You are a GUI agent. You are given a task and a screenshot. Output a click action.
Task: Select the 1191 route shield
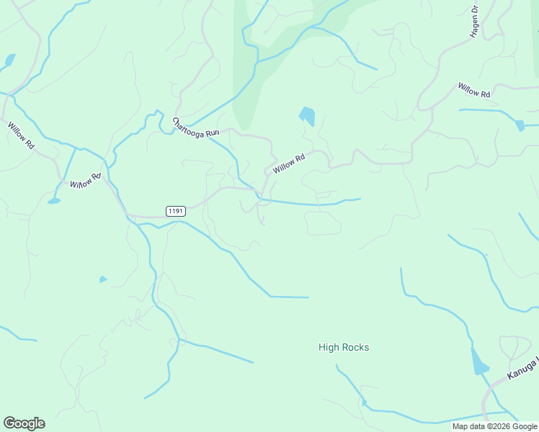coord(175,211)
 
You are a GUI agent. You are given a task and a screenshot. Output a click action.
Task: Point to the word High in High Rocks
coord(329,348)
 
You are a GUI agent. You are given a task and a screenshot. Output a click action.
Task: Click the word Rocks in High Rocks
coord(356,348)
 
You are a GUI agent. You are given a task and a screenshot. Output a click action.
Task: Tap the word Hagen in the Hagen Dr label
coord(475,28)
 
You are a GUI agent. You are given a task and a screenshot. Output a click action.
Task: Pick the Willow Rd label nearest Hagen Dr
coord(473,90)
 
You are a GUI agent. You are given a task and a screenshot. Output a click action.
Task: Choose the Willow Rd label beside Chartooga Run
coord(289,163)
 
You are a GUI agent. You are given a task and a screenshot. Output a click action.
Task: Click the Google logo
coord(24,423)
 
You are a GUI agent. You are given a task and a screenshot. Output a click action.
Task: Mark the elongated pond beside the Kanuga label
coord(478,361)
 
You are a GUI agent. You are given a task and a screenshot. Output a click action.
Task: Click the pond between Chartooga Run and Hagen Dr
coord(307,115)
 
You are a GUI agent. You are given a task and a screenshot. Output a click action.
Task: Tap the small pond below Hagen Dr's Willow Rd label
coord(520,125)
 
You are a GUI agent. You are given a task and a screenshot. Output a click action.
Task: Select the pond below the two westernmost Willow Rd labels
coord(54,201)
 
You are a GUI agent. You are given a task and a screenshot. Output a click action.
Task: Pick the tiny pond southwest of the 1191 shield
coord(103,279)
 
